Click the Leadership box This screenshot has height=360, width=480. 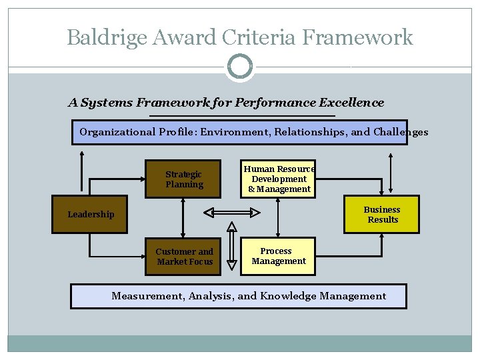(x=89, y=214)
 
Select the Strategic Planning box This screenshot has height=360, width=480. (x=183, y=179)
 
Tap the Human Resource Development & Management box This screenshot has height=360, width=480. (x=279, y=179)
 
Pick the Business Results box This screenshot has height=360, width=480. (x=382, y=214)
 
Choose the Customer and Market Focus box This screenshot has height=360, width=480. (x=184, y=257)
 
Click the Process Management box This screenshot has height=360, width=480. (x=278, y=257)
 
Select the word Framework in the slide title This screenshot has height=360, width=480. (x=357, y=37)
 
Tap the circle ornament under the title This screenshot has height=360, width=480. (x=240, y=67)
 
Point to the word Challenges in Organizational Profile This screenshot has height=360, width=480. (x=401, y=132)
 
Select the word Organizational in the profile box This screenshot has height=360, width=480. (x=117, y=132)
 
